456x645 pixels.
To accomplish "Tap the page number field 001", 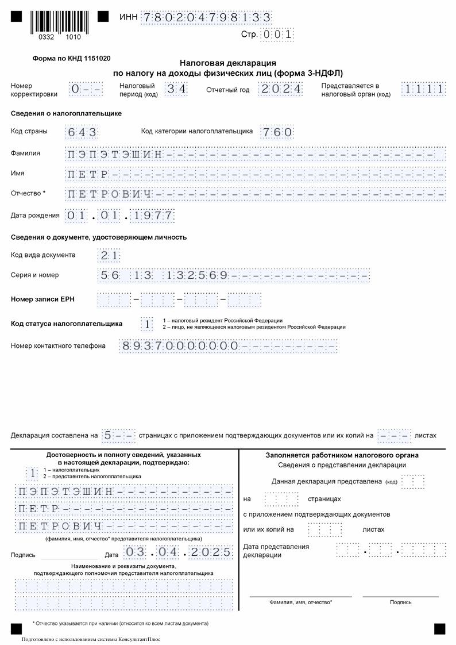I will [277, 34].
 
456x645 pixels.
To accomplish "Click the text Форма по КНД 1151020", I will [72, 58].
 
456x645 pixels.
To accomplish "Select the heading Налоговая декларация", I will [228, 63].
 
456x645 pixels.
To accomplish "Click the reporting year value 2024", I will [281, 89].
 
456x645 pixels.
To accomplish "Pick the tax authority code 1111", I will [423, 89].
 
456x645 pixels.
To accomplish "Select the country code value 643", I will [82, 132].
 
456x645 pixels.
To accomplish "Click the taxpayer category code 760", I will [277, 132].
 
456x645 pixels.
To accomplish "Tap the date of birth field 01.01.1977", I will [119, 216].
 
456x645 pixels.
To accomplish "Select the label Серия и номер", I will [35, 275].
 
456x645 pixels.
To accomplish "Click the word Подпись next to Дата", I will [23, 555].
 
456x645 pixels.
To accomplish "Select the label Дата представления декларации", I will [276, 551].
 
